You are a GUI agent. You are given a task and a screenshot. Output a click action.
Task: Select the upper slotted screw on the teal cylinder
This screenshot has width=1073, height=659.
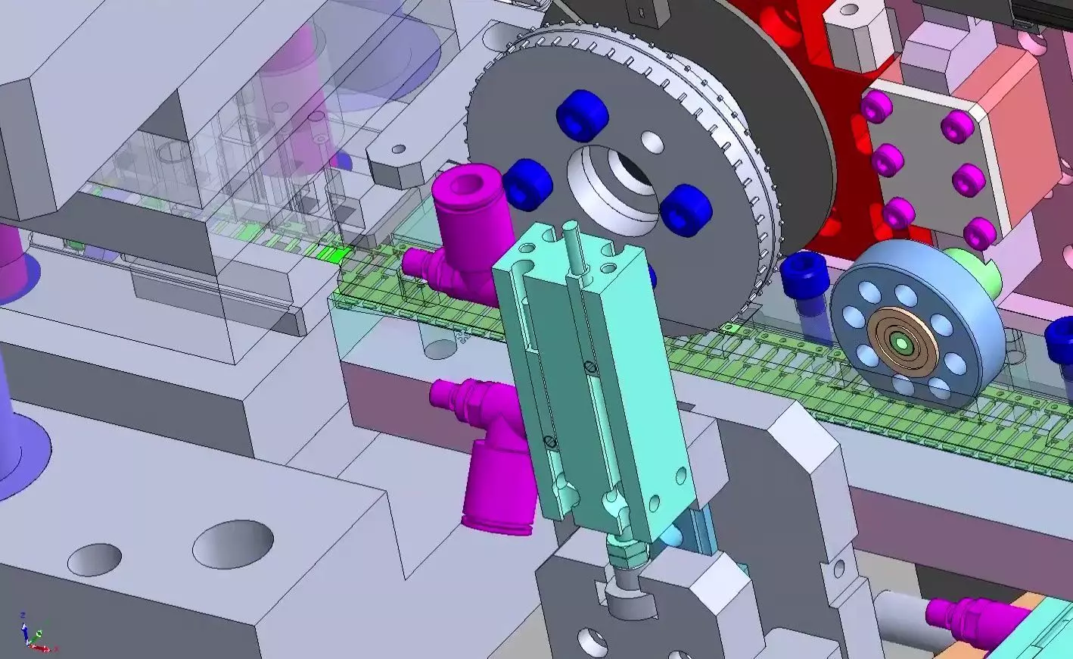pos(592,367)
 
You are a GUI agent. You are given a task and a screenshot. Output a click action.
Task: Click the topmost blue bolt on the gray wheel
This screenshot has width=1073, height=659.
pos(582,113)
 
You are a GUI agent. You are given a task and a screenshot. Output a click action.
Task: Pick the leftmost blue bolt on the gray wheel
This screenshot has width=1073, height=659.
pos(527,183)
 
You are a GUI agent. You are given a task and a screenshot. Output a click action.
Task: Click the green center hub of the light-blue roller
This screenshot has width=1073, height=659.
pos(902,343)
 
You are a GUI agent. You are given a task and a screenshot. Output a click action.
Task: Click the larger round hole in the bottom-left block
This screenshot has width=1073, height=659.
pos(233,543)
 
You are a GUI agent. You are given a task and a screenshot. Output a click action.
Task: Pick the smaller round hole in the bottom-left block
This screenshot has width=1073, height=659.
pos(95,559)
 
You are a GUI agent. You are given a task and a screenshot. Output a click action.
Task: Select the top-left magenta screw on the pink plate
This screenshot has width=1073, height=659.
pos(876,106)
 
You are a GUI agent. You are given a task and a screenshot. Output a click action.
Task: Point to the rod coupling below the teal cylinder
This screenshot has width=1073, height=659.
pos(627,561)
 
